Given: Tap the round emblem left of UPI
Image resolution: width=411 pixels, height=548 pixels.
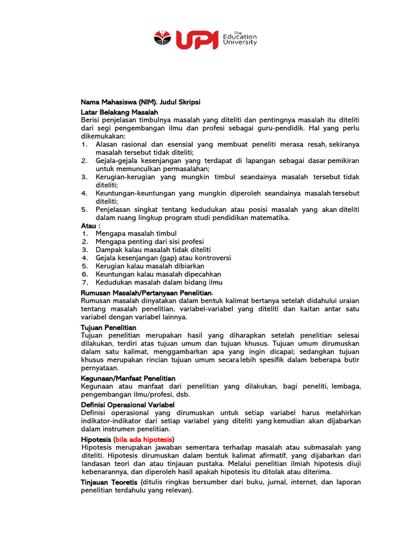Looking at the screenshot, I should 162,39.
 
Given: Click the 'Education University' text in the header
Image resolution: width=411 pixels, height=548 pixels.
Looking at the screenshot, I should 240,39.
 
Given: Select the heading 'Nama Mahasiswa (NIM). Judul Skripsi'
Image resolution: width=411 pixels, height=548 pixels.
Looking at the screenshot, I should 140,102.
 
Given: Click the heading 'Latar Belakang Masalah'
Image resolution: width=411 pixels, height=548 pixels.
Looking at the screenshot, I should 119,112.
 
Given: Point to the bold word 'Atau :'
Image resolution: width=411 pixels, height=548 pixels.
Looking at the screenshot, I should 90,226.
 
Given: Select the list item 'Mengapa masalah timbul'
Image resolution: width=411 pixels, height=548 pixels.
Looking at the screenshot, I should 136,234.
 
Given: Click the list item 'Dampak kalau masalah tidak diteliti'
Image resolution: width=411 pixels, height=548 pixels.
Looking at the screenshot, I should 153,250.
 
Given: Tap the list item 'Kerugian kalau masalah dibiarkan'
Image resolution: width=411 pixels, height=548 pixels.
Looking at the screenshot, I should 150,266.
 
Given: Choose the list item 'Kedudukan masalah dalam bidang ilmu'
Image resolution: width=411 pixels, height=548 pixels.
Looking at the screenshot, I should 159,282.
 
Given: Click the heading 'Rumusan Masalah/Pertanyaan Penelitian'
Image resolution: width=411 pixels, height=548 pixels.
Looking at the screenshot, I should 146,293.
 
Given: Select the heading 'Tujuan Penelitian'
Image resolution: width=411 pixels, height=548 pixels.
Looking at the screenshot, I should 108,327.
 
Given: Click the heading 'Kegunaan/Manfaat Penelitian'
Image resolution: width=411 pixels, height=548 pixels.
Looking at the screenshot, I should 128,378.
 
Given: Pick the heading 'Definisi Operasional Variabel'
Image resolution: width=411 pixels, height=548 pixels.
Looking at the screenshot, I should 127,405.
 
